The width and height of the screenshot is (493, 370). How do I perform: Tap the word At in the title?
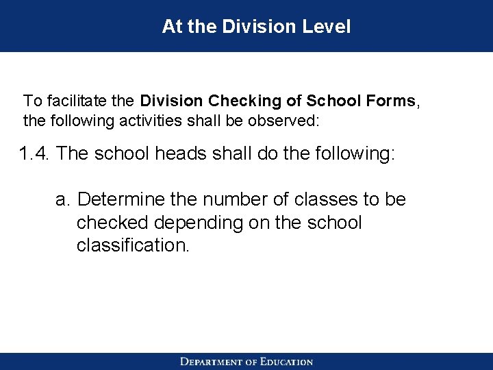(171, 27)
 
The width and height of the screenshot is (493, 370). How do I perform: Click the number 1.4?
(36, 152)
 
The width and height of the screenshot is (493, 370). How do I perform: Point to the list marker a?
(63, 199)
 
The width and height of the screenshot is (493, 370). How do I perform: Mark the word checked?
(107, 223)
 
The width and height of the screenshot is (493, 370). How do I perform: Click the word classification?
(131, 245)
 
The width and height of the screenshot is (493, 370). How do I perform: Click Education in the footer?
(286, 362)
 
